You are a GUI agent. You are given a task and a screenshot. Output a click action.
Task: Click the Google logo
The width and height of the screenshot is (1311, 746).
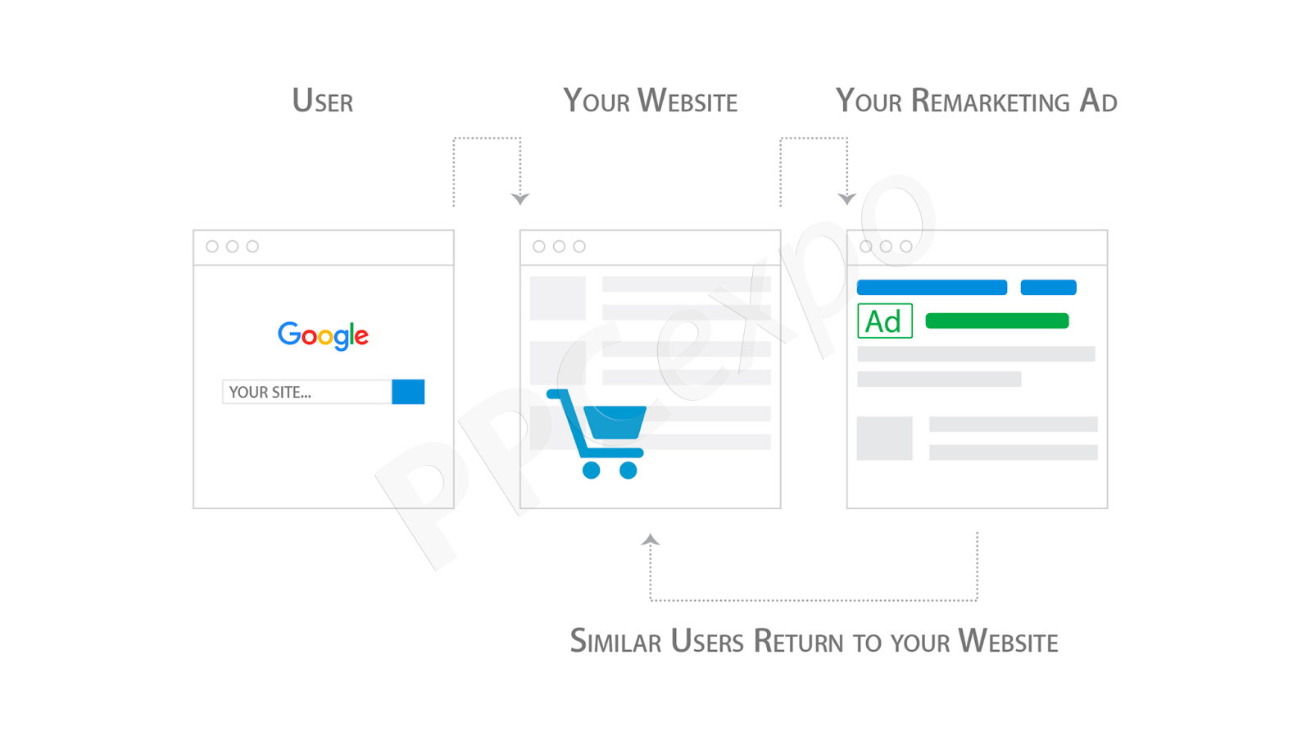[x=323, y=335]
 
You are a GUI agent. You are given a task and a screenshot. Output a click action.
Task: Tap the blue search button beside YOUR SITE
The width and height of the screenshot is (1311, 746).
[x=408, y=392]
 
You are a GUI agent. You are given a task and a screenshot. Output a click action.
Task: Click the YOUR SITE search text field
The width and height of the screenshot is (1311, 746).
[x=306, y=392]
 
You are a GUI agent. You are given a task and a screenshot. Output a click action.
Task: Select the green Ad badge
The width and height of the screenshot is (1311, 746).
[x=884, y=321]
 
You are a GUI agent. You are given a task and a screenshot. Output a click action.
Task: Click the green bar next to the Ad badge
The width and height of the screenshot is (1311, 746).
[x=996, y=321]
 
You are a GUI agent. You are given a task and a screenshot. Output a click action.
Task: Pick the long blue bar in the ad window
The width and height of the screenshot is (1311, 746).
[x=932, y=288]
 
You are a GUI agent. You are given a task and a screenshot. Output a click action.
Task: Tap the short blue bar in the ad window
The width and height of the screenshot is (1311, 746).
[x=1048, y=288]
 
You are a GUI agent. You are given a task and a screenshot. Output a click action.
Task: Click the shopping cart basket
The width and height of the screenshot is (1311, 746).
[x=615, y=422]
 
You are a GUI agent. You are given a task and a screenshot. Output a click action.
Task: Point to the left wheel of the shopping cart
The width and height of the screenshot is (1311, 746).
[x=591, y=470]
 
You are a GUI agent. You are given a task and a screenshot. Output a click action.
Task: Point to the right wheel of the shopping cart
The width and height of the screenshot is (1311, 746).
[x=628, y=470]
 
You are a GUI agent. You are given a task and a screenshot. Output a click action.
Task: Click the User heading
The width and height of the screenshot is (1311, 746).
[x=323, y=100]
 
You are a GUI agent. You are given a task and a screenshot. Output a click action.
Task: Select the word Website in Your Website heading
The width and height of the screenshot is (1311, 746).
[x=687, y=100]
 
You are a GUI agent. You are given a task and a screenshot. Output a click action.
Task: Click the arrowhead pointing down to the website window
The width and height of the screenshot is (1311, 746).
[x=520, y=199]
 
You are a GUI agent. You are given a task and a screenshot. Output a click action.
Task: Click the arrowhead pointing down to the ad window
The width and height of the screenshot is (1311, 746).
[x=847, y=199]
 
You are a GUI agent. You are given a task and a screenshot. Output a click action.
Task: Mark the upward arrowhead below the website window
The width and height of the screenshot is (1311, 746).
[x=651, y=539]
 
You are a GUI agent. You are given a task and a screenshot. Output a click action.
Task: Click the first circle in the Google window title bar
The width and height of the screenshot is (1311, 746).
[x=212, y=247]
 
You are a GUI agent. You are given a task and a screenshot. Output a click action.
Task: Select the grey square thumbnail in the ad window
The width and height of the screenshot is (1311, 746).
[x=884, y=438]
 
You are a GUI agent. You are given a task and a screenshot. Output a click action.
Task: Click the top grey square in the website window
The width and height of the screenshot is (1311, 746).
[x=558, y=298]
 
